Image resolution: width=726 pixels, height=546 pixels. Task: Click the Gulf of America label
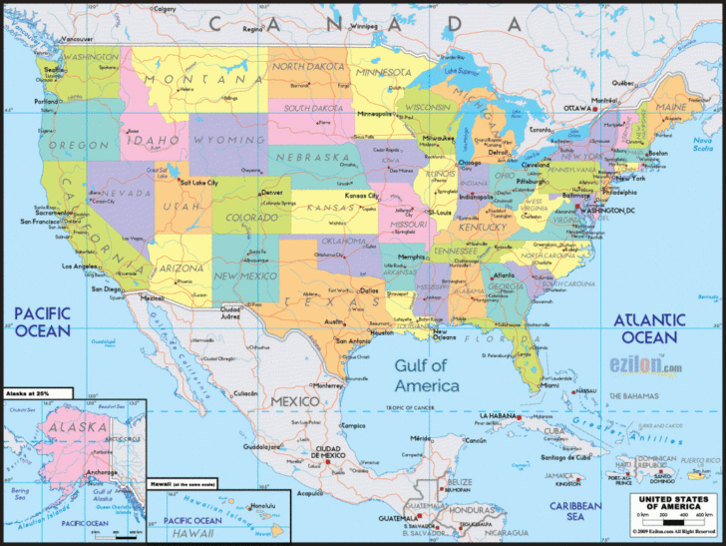[427, 375]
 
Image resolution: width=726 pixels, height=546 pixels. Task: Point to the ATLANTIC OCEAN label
[649, 328]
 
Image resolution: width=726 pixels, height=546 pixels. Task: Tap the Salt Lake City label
[199, 183]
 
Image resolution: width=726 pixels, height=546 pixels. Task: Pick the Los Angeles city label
[81, 267]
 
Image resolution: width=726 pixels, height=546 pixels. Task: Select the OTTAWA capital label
[579, 108]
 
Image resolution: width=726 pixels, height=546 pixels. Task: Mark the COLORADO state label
[251, 217]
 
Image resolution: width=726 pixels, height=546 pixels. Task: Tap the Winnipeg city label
[364, 27]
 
